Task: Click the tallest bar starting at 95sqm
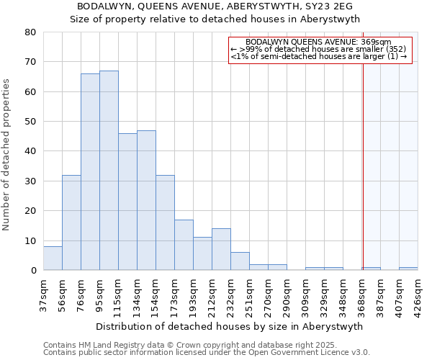pos(109,171)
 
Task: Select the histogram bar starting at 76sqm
pos(90,172)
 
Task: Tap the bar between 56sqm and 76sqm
pos(71,222)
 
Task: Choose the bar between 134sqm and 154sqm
pos(146,200)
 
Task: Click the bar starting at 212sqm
pos(221,249)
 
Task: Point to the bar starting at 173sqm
pos(184,245)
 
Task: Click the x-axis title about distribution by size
pos(229,326)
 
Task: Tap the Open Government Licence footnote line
pos(207,353)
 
